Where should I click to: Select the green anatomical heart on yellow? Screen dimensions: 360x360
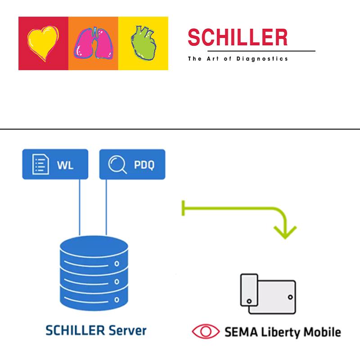(143, 42)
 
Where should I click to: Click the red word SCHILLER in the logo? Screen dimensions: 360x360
(238, 38)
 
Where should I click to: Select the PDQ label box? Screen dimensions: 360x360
(132, 165)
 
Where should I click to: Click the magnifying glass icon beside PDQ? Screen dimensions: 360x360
(117, 165)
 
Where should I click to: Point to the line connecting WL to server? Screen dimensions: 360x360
(80, 207)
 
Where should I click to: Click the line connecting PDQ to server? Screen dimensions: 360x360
(107, 207)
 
